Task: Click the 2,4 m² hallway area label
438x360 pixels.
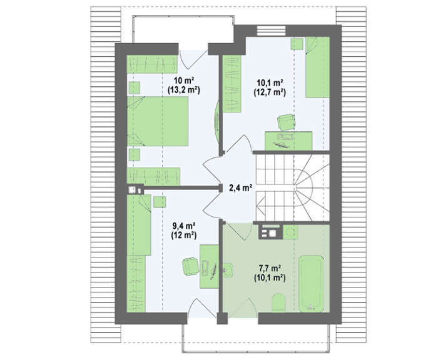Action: click(x=241, y=188)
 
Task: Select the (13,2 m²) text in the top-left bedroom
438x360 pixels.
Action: click(x=184, y=90)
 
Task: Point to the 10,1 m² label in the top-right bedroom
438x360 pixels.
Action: click(x=270, y=82)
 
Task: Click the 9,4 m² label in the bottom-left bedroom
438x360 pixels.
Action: click(x=183, y=226)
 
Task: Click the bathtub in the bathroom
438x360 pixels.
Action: click(x=311, y=284)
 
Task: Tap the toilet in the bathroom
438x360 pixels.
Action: click(x=278, y=302)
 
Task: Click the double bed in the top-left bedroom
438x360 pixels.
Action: click(x=158, y=121)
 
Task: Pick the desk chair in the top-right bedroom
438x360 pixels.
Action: click(x=287, y=122)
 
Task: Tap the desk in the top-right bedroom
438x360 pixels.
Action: click(x=288, y=141)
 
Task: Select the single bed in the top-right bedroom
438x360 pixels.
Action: click(x=317, y=67)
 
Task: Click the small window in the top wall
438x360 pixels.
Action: click(x=271, y=31)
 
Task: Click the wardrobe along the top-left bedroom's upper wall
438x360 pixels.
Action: click(x=152, y=64)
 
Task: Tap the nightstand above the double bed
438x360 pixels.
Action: click(x=135, y=88)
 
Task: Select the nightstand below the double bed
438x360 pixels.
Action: click(x=135, y=154)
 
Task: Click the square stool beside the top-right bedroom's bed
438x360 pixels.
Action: click(x=297, y=44)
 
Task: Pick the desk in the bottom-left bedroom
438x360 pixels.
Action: click(x=209, y=266)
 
